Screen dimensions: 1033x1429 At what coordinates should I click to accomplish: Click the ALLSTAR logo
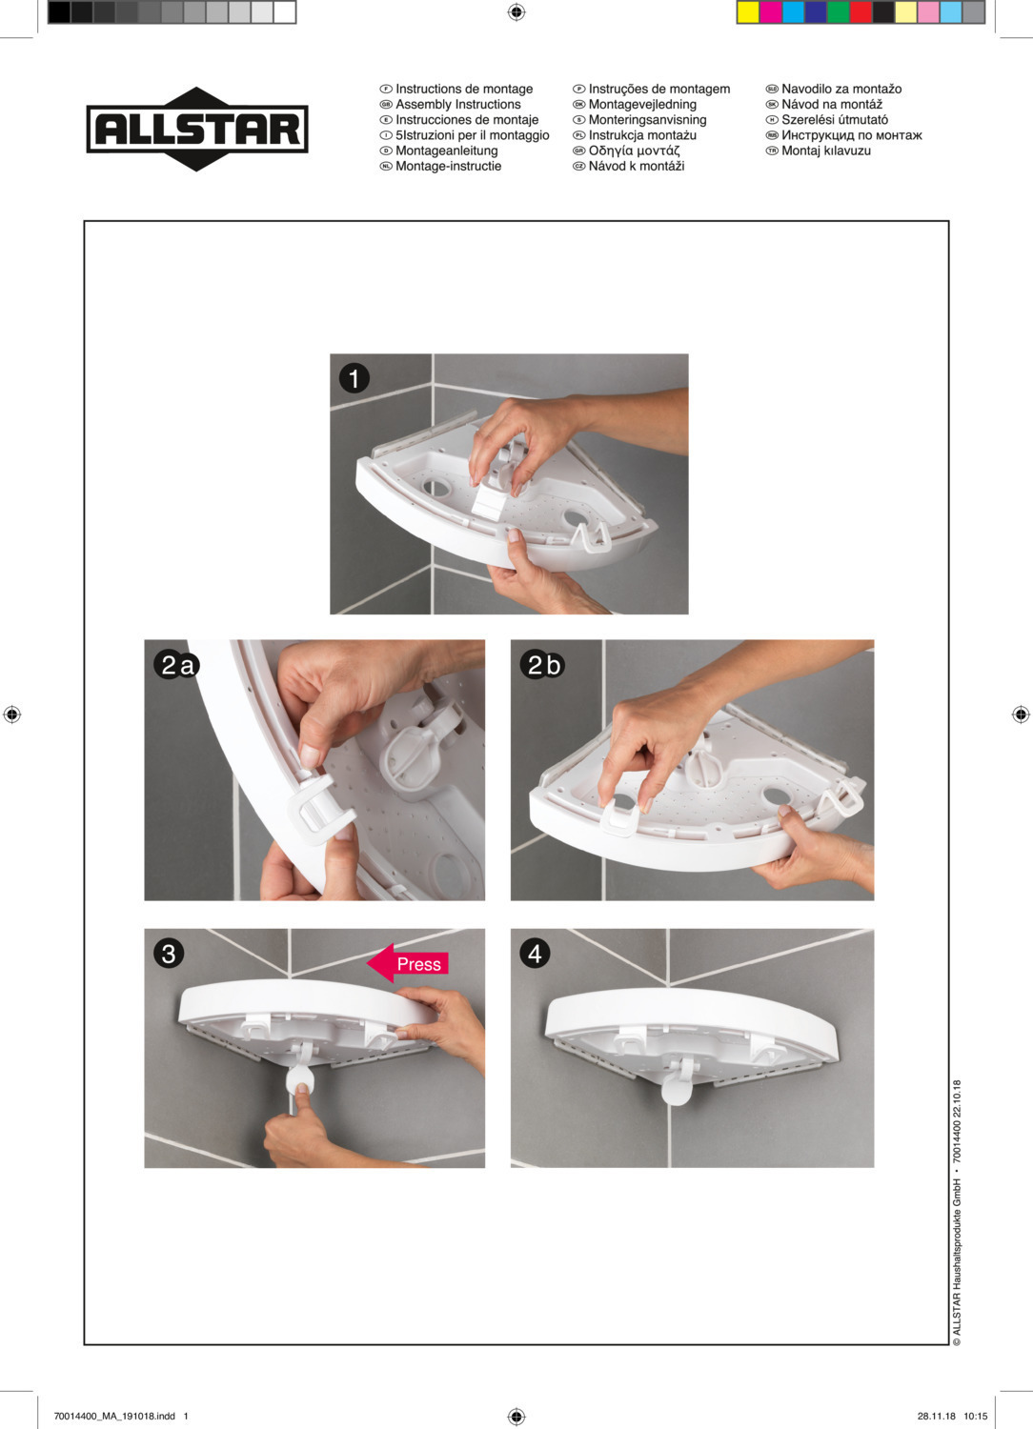point(197,129)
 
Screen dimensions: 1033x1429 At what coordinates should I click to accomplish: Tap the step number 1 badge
point(354,378)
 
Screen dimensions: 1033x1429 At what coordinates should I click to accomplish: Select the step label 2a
point(176,665)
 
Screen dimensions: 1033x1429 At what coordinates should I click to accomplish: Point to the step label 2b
point(542,665)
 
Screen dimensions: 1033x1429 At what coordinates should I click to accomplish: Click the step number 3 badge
point(169,954)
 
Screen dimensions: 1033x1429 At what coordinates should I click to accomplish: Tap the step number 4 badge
point(535,954)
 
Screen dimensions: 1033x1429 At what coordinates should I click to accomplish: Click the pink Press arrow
point(408,963)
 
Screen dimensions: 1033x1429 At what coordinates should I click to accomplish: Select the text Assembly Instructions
point(458,104)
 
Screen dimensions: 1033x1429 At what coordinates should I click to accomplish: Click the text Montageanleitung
point(447,151)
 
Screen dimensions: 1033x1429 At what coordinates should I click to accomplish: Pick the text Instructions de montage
point(464,89)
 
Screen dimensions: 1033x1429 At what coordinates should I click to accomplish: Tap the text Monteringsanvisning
point(648,119)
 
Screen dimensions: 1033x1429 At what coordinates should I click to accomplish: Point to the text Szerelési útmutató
point(835,119)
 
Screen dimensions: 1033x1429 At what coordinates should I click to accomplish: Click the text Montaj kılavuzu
point(826,151)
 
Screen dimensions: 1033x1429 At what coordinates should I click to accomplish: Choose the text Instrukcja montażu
point(642,135)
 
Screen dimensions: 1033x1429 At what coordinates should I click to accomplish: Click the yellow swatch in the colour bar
point(748,12)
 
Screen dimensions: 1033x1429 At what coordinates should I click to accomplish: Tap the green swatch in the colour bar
point(839,12)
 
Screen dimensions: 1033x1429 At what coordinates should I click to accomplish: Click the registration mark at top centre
point(516,12)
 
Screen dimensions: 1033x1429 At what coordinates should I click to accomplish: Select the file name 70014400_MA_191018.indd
point(114,1416)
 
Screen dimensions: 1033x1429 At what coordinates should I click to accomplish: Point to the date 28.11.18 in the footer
point(936,1416)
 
